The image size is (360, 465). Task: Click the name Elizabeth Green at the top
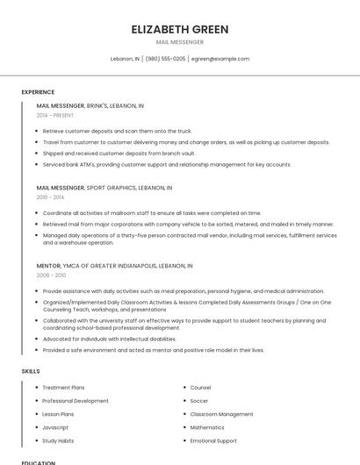(x=180, y=29)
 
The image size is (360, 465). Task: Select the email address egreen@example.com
(x=220, y=59)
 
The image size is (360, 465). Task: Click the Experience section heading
(x=38, y=92)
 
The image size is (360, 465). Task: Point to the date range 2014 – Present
(x=55, y=115)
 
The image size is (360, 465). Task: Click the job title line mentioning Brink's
(x=90, y=105)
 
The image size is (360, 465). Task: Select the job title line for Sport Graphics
(x=104, y=188)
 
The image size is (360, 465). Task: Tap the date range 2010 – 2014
(x=51, y=197)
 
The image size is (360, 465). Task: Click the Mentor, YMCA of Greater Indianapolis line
(x=114, y=265)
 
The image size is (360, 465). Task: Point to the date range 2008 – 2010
(x=51, y=275)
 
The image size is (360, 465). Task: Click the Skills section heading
(x=31, y=371)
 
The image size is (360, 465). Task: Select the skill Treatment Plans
(x=63, y=387)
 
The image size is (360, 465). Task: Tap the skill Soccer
(x=199, y=401)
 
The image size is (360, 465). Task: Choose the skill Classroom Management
(x=221, y=414)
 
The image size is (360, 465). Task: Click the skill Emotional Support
(x=213, y=440)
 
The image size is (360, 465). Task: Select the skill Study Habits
(x=58, y=440)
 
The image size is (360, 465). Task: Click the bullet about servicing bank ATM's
(x=167, y=164)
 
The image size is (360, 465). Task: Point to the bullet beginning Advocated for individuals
(x=110, y=339)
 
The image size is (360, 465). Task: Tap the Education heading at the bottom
(x=38, y=462)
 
